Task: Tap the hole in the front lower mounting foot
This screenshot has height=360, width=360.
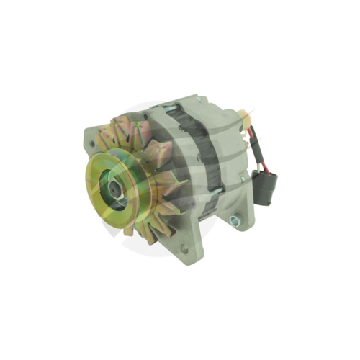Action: (x=184, y=249)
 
